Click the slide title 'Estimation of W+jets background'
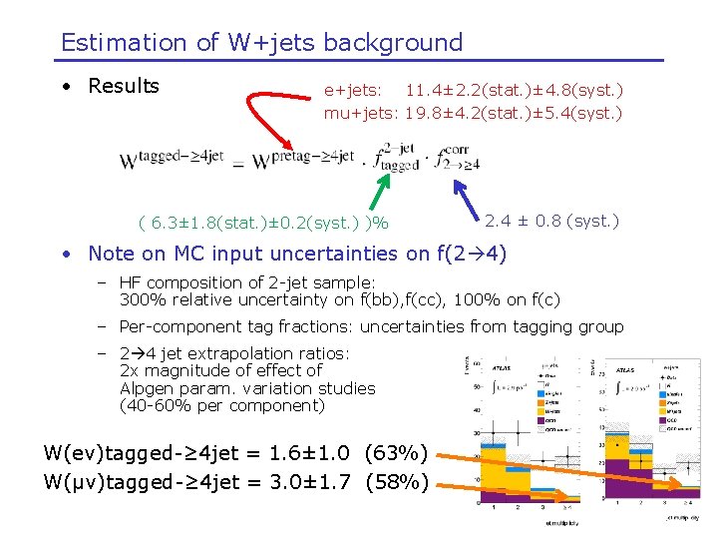point(261,43)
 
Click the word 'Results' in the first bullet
point(124,86)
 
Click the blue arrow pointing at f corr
point(467,198)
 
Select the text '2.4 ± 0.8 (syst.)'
point(551,221)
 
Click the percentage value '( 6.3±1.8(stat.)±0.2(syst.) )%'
point(263,222)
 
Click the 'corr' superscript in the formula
point(457,149)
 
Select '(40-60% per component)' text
point(221,405)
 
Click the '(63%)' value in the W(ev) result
point(397,454)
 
